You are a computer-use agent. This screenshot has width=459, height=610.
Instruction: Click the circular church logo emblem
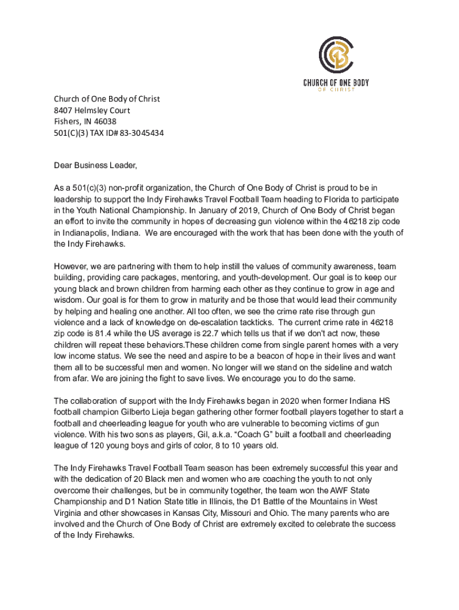tap(337, 54)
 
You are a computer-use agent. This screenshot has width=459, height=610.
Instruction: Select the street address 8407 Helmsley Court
tap(92, 110)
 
